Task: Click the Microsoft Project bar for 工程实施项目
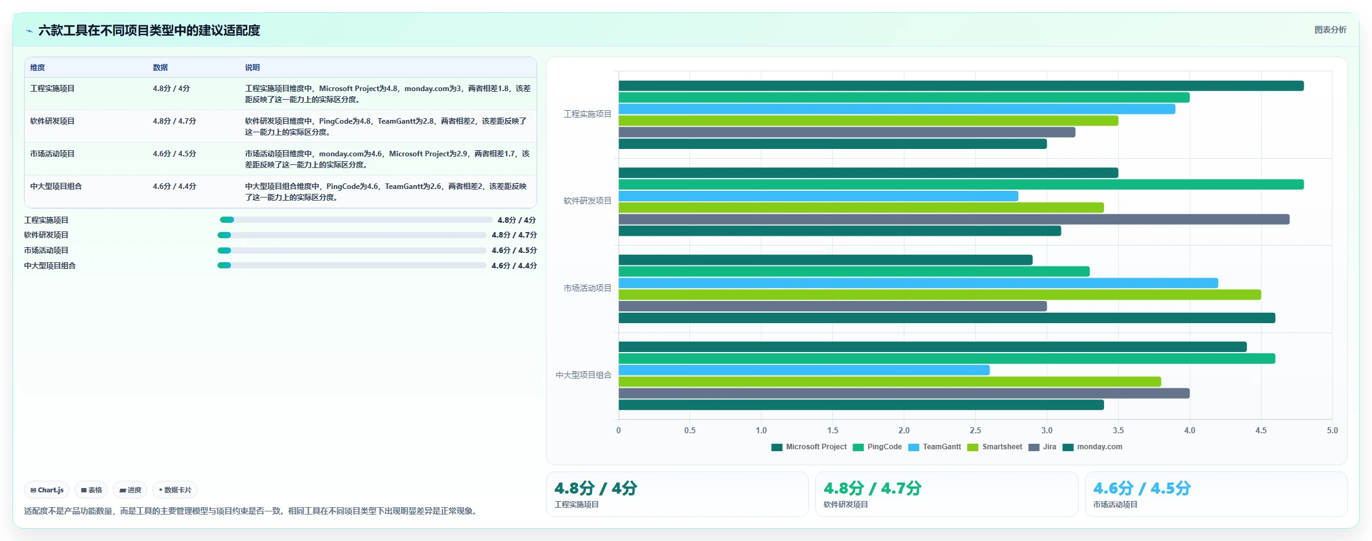pyautogui.click(x=961, y=86)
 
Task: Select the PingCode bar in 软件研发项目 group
pyautogui.click(x=961, y=185)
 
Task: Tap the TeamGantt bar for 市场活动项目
pyautogui.click(x=918, y=283)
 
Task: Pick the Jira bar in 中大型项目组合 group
pyautogui.click(x=904, y=393)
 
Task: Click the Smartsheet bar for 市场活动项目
pyautogui.click(x=940, y=295)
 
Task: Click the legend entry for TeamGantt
pyautogui.click(x=935, y=447)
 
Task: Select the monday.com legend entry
pyautogui.click(x=1092, y=447)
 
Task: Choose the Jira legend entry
pyautogui.click(x=1042, y=447)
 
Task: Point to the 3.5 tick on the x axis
pyautogui.click(x=1118, y=430)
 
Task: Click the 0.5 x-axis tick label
pyautogui.click(x=690, y=430)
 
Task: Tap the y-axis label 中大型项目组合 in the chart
pyautogui.click(x=583, y=375)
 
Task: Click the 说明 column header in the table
pyautogui.click(x=253, y=68)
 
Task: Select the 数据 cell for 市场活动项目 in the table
pyautogui.click(x=174, y=154)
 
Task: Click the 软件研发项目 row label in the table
pyautogui.click(x=52, y=121)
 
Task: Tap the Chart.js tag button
pyautogui.click(x=47, y=490)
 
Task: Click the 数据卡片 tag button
pyautogui.click(x=175, y=490)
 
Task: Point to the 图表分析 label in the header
pyautogui.click(x=1330, y=30)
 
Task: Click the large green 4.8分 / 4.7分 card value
pyautogui.click(x=872, y=488)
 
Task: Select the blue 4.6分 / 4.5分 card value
pyautogui.click(x=1142, y=488)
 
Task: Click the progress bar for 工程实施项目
pyautogui.click(x=356, y=220)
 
